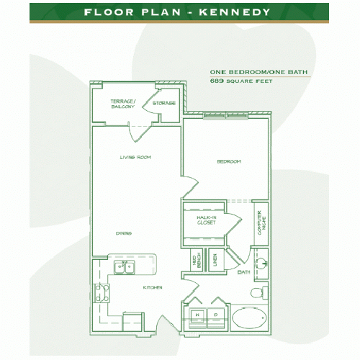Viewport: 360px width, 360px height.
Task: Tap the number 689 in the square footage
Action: tap(216, 81)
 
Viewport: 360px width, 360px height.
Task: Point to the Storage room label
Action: tap(164, 103)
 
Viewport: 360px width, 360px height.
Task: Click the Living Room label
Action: tap(135, 157)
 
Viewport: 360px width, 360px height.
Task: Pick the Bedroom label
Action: tap(228, 161)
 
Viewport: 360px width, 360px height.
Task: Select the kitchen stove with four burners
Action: tap(102, 292)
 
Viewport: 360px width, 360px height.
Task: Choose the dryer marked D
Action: tap(215, 315)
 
